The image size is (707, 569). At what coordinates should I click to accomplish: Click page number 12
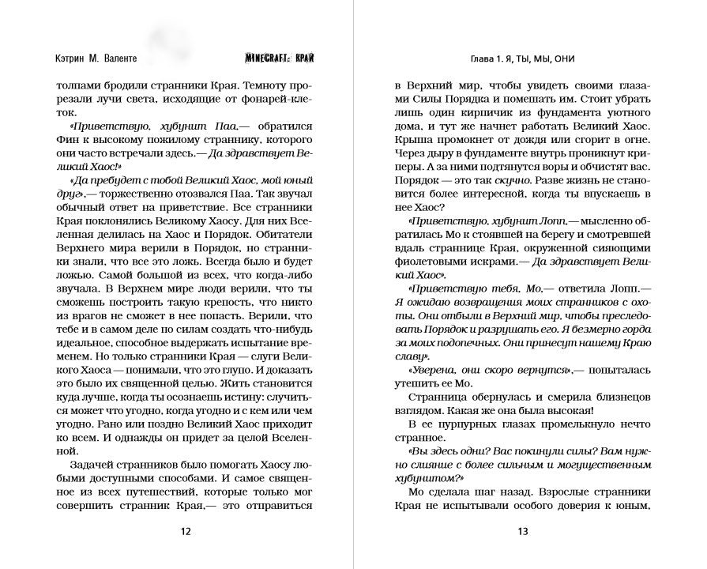point(186,532)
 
